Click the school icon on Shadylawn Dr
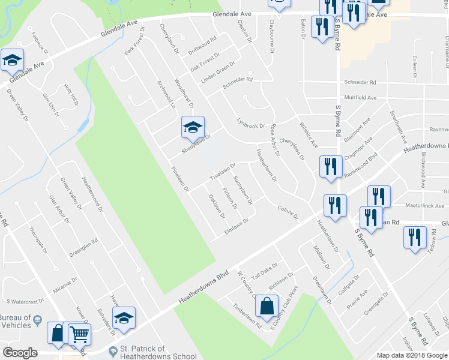tap(193, 127)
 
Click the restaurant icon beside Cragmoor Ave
tap(330, 167)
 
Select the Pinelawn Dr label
tap(180, 179)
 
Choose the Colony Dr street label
tap(288, 212)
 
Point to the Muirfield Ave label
tap(360, 97)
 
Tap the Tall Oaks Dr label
tap(265, 272)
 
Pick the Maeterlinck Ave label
tap(424, 206)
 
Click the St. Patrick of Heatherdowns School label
tap(142, 352)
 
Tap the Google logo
tap(20, 353)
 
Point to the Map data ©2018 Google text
tap(412, 355)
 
